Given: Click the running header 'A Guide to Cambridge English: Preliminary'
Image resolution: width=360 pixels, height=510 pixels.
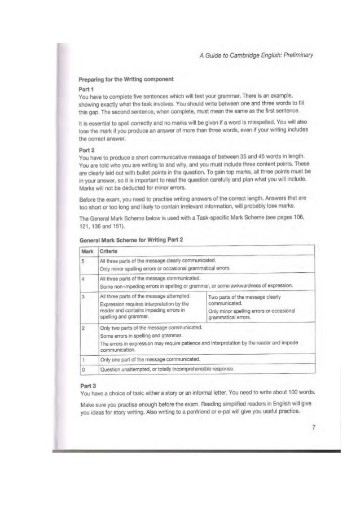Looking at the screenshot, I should (252, 54).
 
